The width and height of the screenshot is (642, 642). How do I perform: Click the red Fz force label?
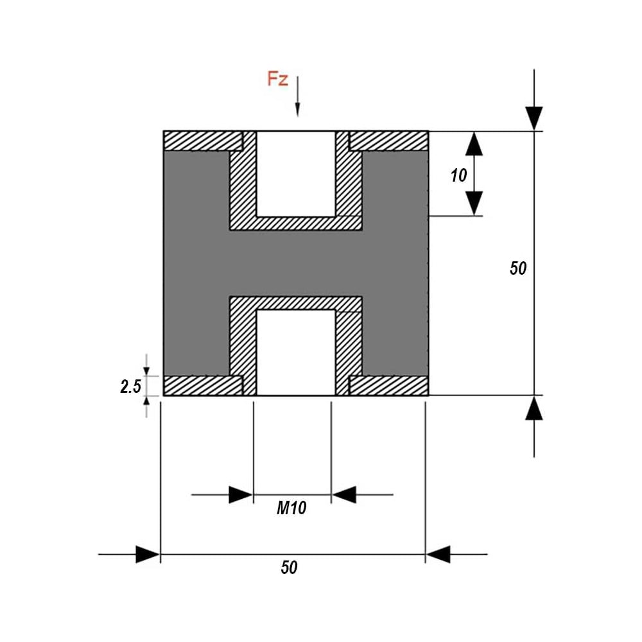point(277,78)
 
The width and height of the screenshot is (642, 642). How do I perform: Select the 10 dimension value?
point(458,175)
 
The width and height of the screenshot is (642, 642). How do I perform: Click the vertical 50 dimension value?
point(518,268)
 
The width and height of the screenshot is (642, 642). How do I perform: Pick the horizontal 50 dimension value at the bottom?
point(289,568)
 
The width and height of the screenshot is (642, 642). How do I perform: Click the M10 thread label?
point(291,508)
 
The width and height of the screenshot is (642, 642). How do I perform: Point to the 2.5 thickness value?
point(130,386)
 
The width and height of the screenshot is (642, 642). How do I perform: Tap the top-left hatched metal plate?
point(203,141)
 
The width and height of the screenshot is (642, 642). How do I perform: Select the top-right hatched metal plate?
point(388,141)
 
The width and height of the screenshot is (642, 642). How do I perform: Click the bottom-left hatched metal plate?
point(203,385)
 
